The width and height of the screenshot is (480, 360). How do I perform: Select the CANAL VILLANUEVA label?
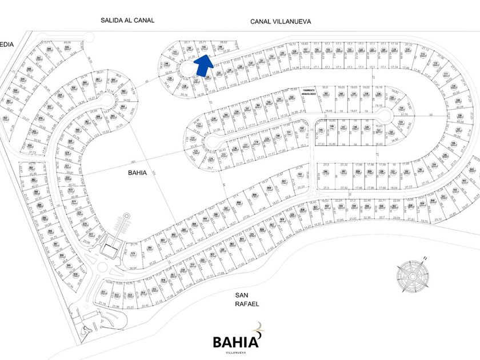(279, 21)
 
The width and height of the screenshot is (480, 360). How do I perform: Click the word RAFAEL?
(247, 304)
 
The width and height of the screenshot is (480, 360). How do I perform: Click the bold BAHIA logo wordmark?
(235, 342)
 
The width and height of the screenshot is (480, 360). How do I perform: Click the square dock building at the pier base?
(109, 249)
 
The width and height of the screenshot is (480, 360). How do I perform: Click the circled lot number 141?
(175, 53)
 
